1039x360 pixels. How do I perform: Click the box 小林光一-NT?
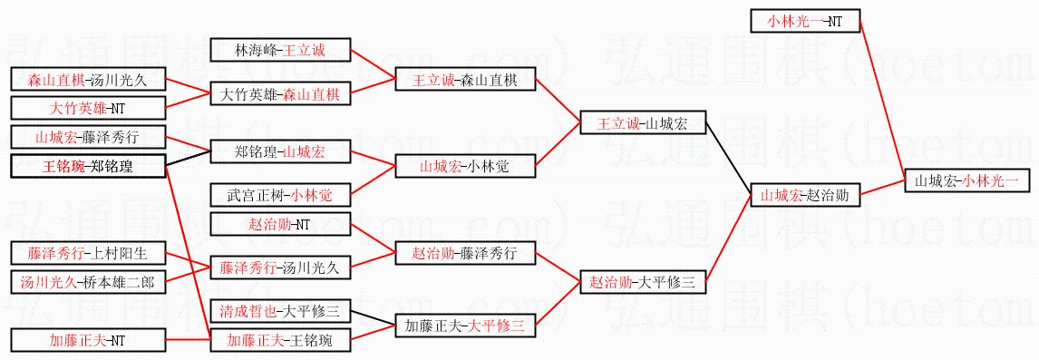tap(805, 21)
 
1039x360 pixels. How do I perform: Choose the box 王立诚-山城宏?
tap(642, 122)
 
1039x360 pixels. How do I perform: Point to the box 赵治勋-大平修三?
tap(642, 282)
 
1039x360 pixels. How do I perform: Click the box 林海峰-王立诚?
tap(280, 50)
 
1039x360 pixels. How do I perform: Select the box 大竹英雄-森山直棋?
tap(280, 95)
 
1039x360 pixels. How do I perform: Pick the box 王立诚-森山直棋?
tap(465, 80)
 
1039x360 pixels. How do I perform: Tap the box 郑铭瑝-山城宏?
tap(280, 151)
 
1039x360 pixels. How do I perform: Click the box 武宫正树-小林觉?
tap(280, 195)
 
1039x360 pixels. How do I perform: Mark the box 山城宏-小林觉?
tap(465, 167)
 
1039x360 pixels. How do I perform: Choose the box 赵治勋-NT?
tap(280, 224)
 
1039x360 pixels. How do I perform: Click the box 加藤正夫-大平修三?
tap(465, 325)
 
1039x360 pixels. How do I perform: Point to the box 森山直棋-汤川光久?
tap(87, 80)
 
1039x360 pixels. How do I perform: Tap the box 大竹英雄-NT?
tap(87, 107)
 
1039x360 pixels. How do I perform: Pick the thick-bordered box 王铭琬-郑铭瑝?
tap(87, 166)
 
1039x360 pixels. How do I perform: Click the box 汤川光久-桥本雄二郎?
tap(87, 282)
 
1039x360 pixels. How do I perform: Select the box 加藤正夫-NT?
tap(87, 341)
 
